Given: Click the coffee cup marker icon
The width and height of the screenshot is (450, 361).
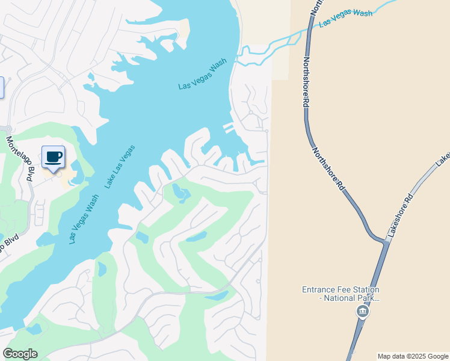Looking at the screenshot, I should click(x=53, y=157).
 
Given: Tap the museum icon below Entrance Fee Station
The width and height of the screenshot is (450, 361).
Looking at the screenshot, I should click(x=362, y=311).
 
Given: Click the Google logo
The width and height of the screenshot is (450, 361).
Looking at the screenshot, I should click(x=20, y=354).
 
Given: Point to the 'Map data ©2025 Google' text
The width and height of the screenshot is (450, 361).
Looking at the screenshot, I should click(x=412, y=356).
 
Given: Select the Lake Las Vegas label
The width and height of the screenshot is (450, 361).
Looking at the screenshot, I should click(x=120, y=167).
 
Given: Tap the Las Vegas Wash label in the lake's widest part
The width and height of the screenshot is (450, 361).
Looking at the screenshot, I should click(x=202, y=75).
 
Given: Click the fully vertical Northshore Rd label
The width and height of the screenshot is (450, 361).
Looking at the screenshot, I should click(x=306, y=82).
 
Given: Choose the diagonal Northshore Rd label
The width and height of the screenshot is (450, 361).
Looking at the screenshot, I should click(x=328, y=169).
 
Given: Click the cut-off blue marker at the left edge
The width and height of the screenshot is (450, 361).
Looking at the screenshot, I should click(x=1, y=87).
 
